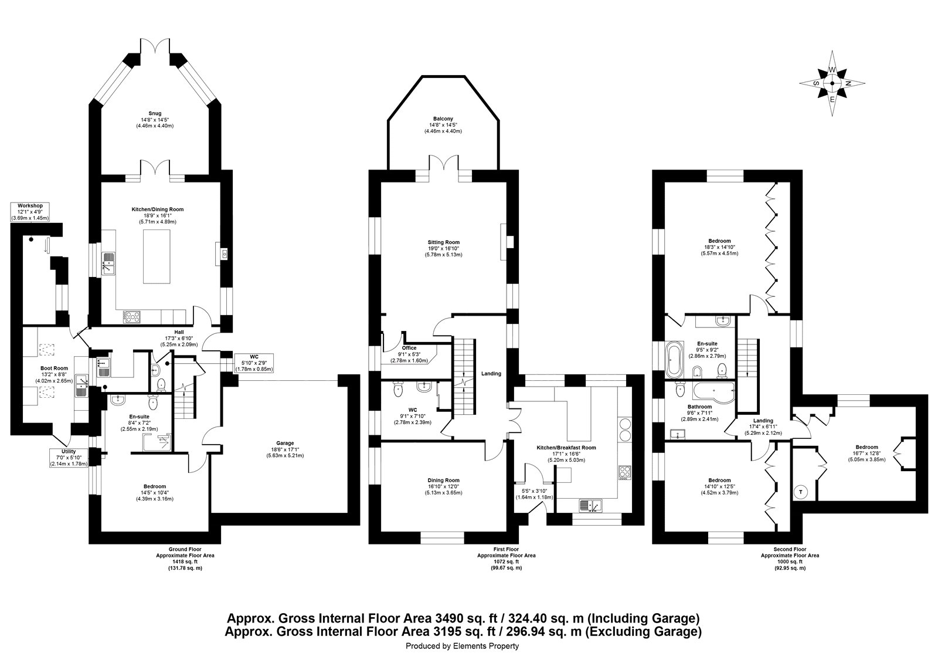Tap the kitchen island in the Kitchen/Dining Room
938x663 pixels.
click(x=157, y=256)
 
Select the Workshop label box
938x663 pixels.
click(x=30, y=212)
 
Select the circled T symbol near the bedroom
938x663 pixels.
click(x=801, y=492)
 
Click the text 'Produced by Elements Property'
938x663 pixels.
click(x=463, y=646)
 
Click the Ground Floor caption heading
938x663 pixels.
click(x=185, y=549)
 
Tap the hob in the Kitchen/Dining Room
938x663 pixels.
click(x=131, y=317)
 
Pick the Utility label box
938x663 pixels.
click(x=69, y=458)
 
